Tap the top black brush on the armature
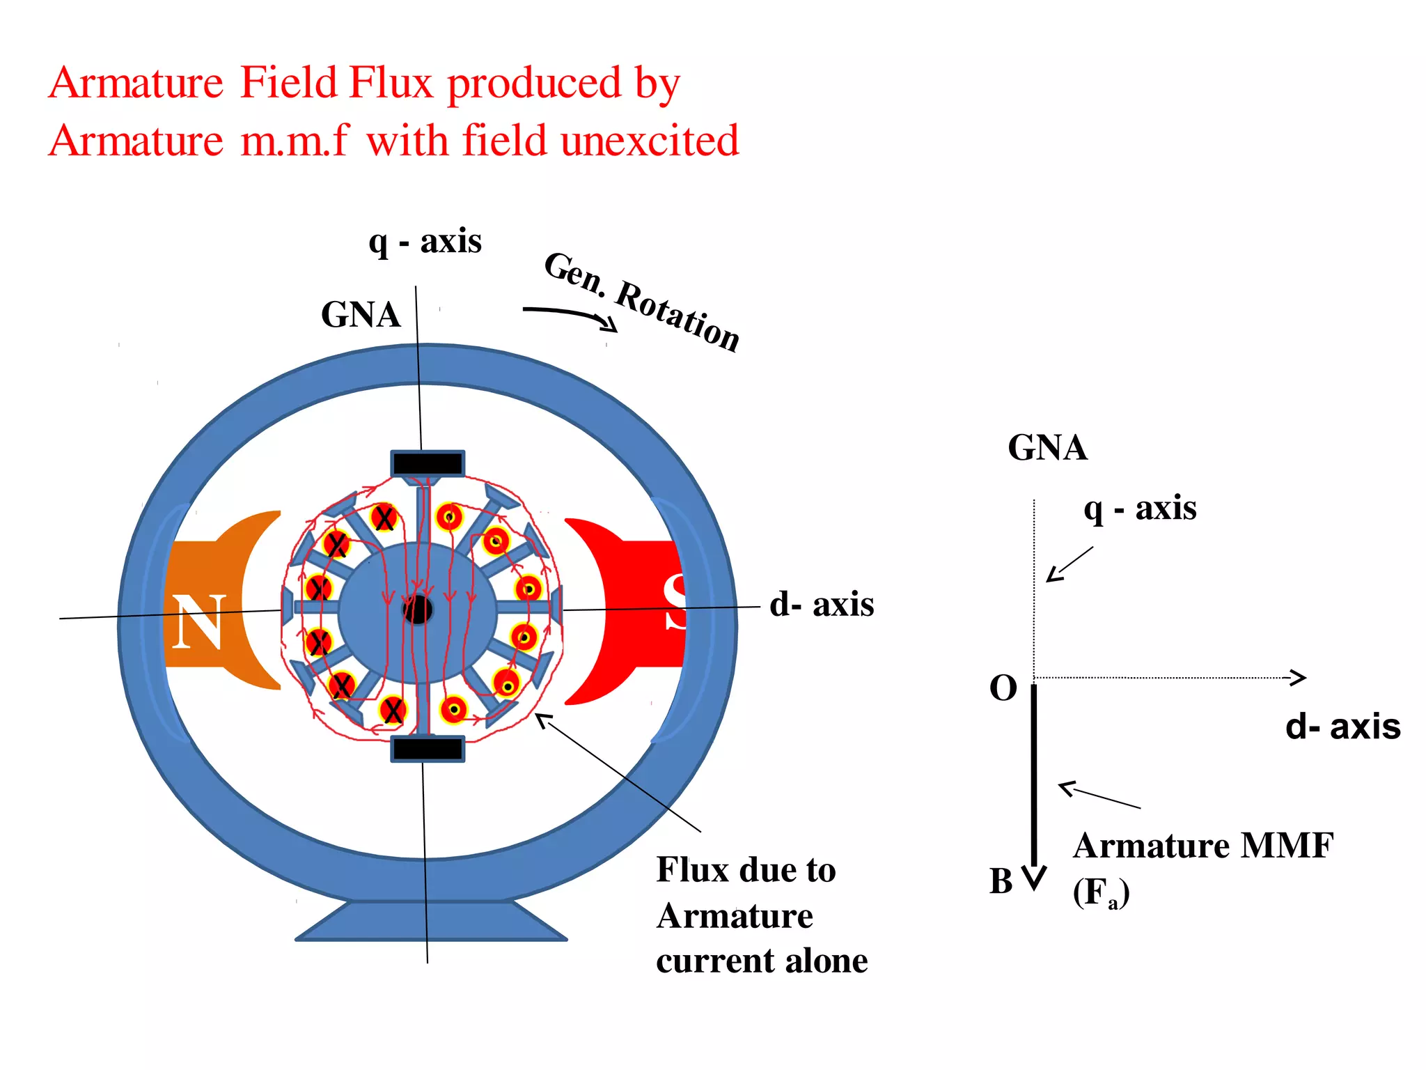coord(428,464)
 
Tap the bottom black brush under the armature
coord(428,749)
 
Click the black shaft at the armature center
coord(418,610)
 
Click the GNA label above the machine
coord(361,315)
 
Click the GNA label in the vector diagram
coord(1047,448)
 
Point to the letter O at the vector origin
coord(1003,688)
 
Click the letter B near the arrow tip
coord(1001,882)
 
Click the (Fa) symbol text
coord(1101,893)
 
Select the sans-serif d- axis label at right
coord(1342,727)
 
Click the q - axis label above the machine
coord(425,242)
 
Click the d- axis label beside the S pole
coord(822,604)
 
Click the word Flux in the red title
coord(391,83)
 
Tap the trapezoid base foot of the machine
coord(431,922)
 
